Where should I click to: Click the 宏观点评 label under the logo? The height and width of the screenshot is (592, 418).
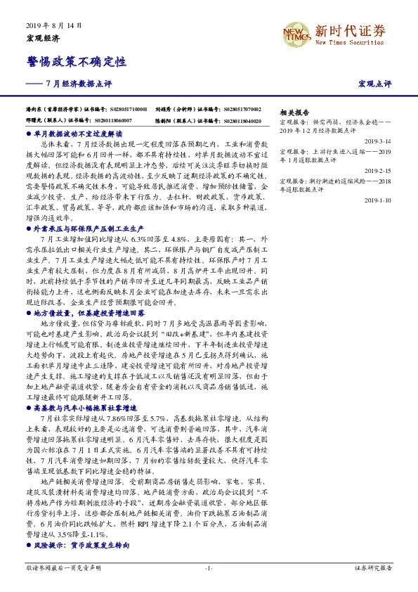click(x=374, y=83)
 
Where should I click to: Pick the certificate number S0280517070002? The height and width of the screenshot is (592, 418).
click(x=243, y=110)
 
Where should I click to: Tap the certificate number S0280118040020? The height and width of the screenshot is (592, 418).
click(x=242, y=120)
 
